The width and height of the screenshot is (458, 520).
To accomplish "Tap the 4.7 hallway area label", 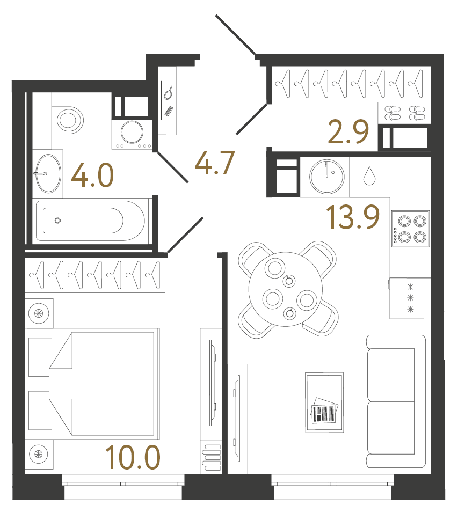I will (215, 163).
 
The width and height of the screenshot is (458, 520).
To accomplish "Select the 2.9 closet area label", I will (350, 133).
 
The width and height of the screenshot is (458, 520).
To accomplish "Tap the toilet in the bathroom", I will (68, 119).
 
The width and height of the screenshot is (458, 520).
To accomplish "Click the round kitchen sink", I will (327, 175).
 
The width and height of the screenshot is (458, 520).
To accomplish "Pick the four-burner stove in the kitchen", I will (410, 228).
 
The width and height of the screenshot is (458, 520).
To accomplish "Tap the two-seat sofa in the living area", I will (396, 401).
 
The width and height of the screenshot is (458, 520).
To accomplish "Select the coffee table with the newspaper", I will (324, 402).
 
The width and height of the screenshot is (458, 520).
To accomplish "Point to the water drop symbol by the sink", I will (369, 176).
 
